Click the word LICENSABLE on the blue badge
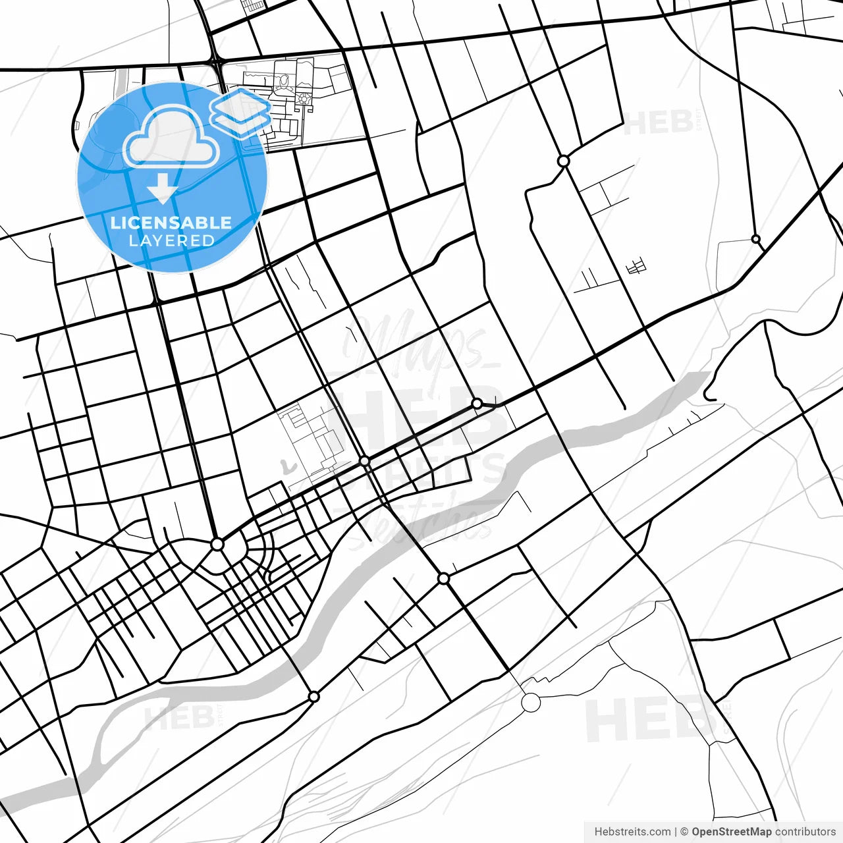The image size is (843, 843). pyautogui.click(x=171, y=223)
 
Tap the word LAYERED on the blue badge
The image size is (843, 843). pyautogui.click(x=171, y=240)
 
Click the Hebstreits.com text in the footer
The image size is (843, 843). pyautogui.click(x=632, y=832)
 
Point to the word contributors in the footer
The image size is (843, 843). pyautogui.click(x=805, y=832)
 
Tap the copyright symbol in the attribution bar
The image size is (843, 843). pyautogui.click(x=684, y=832)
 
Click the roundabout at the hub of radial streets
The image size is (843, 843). pyautogui.click(x=217, y=545)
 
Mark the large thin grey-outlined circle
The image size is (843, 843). pyautogui.click(x=531, y=703)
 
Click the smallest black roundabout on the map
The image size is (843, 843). pyautogui.click(x=756, y=239)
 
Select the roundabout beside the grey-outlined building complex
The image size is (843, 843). pyautogui.click(x=365, y=462)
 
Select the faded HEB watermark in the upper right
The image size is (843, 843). pyautogui.click(x=659, y=122)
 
